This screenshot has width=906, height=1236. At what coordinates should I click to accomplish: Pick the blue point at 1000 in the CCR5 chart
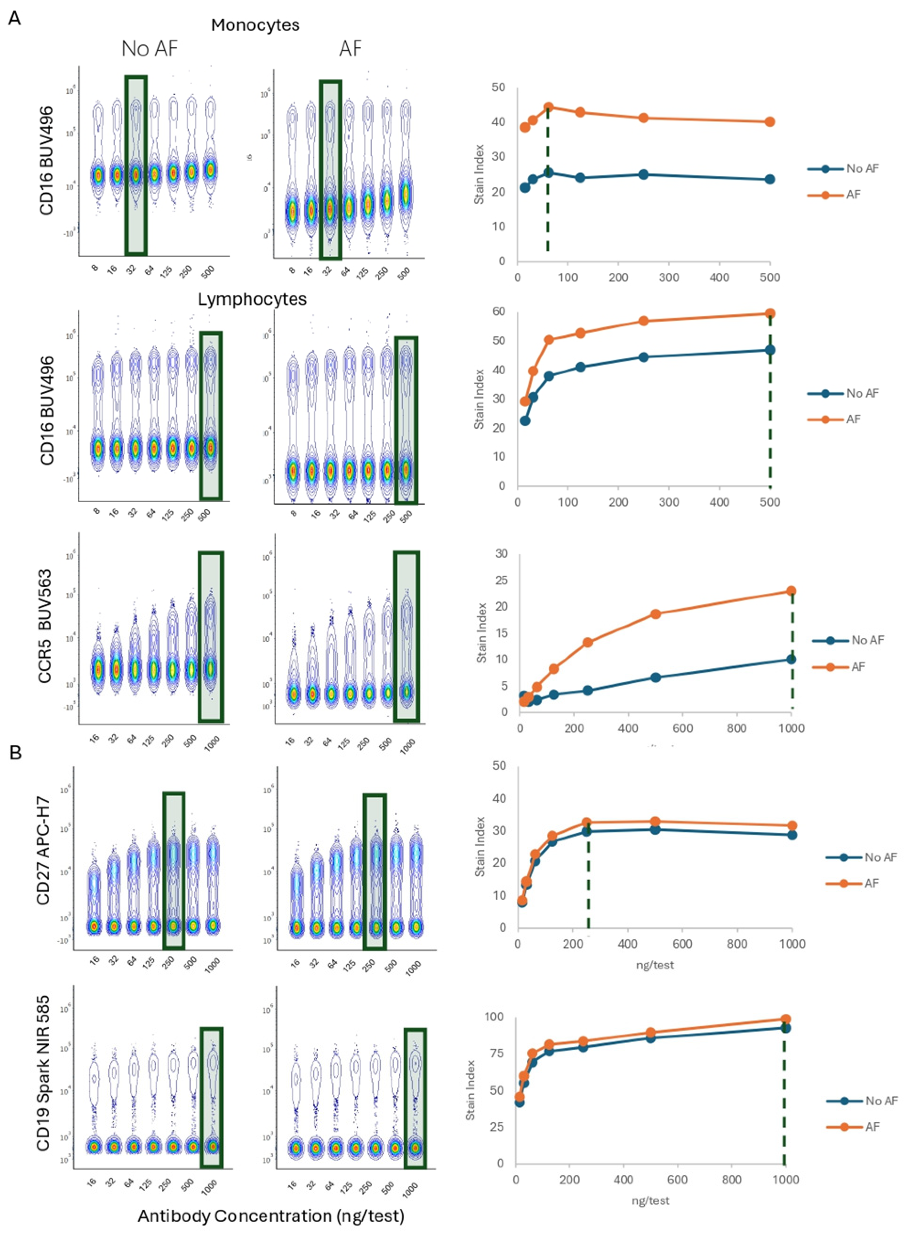[791, 659]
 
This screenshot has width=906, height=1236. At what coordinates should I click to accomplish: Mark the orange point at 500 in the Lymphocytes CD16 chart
[770, 313]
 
